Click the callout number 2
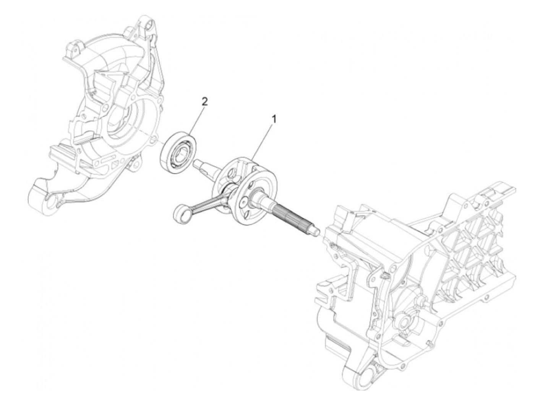pos(205,102)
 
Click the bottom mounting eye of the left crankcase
pos(50,203)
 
